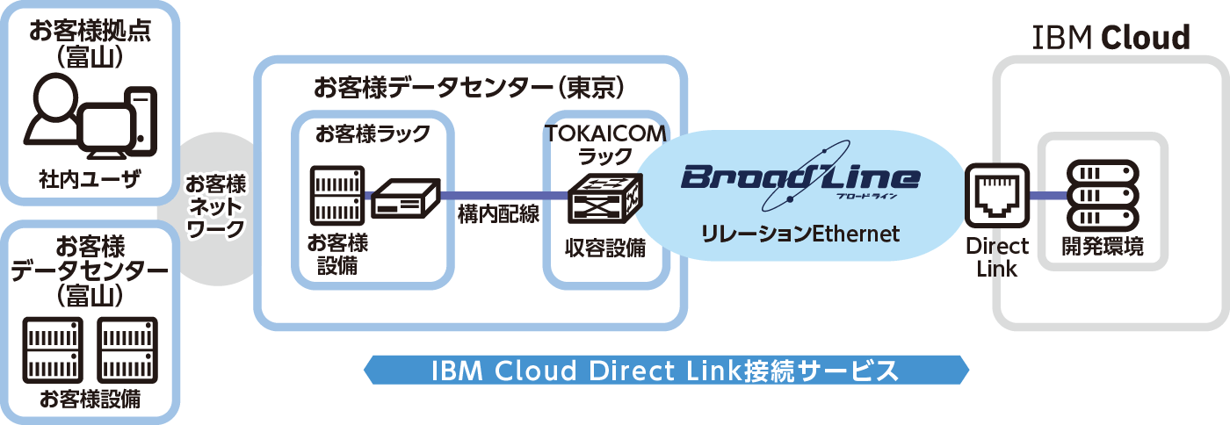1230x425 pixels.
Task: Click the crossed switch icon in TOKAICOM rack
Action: tap(604, 199)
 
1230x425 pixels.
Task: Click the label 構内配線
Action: tap(498, 215)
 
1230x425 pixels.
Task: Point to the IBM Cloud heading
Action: tap(1111, 38)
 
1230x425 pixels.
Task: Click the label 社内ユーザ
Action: tap(90, 180)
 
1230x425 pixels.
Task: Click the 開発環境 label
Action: tap(1103, 247)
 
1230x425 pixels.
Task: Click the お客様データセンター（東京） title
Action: tap(469, 87)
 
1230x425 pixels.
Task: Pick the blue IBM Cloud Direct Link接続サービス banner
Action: tap(666, 370)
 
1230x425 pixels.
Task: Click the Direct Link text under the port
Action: tap(996, 257)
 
